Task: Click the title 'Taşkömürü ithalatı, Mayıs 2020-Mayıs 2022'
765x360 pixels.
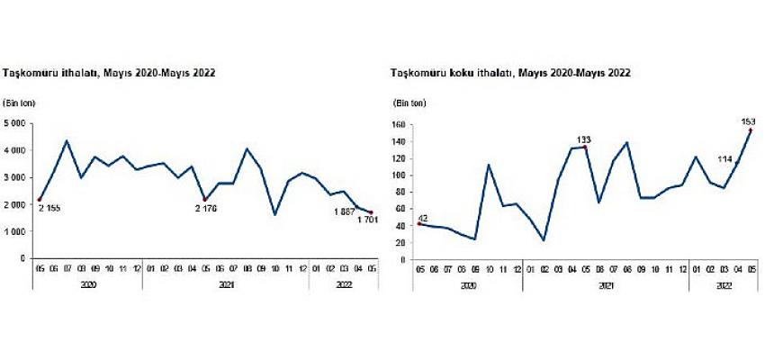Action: [110, 73]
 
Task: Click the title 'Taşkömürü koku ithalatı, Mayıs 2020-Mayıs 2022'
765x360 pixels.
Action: [510, 73]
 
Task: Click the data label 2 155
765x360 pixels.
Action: [50, 209]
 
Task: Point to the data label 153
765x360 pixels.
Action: [747, 121]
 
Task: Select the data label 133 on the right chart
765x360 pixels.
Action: [585, 139]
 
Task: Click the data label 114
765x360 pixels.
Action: [724, 159]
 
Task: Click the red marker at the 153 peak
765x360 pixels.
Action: [750, 130]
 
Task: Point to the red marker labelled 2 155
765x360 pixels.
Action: [40, 200]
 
